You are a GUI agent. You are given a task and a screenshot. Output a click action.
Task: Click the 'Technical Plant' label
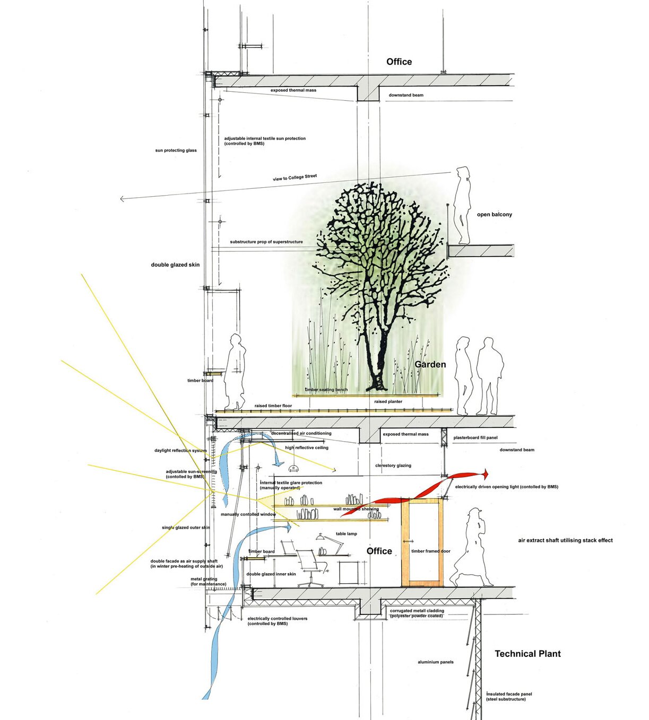tap(527, 654)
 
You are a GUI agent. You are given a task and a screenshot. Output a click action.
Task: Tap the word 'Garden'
tap(430, 364)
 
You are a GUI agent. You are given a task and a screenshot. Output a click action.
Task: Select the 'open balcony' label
tap(495, 215)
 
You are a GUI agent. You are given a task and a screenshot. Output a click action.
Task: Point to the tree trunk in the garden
tap(378, 361)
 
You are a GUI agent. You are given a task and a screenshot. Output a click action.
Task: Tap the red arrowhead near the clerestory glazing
tap(485, 473)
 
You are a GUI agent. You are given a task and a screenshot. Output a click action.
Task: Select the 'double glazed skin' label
tap(175, 265)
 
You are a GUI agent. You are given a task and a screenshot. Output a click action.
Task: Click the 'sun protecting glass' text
tap(176, 151)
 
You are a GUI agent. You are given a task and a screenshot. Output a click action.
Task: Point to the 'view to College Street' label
tap(295, 178)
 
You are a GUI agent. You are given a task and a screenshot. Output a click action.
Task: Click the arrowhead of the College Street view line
tap(122, 199)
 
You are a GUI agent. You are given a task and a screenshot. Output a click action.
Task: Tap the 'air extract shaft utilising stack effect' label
tap(565, 540)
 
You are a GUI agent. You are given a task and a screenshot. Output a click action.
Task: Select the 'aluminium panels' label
tap(435, 662)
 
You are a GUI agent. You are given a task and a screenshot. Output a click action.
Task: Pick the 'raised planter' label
tap(388, 402)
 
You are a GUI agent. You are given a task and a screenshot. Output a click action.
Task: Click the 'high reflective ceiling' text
tap(306, 447)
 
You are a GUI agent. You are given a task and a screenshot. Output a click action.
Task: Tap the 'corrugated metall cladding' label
tap(417, 611)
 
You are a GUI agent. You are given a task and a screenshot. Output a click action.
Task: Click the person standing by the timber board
tap(234, 371)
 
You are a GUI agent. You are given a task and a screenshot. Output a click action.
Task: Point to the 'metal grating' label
tap(204, 579)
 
